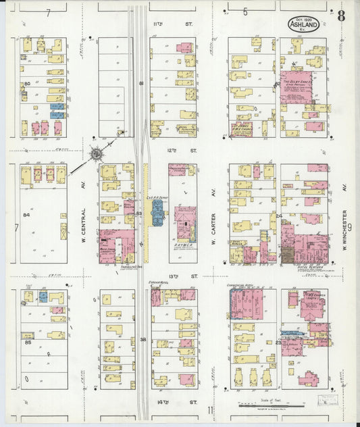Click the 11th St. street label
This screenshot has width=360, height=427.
(159, 24)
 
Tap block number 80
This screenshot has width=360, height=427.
(27, 84)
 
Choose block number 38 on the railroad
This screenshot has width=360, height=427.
(143, 339)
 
